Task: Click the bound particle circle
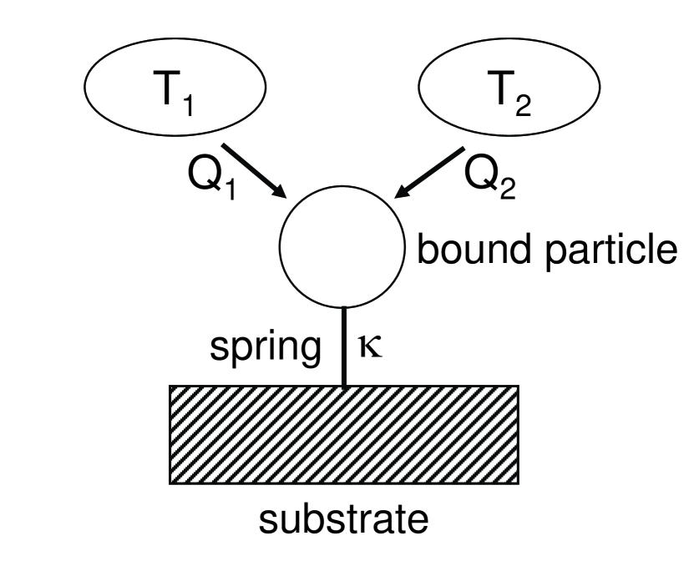pos(342,245)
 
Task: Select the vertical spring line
pos(343,346)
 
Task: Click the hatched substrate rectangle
pos(343,433)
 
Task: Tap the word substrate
pos(345,521)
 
